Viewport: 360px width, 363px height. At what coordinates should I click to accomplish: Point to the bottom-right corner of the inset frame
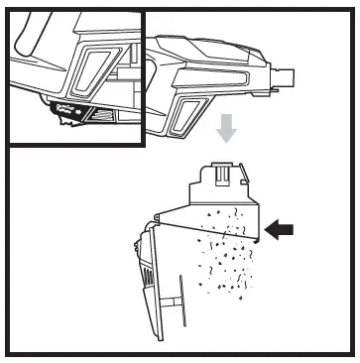(144, 145)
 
